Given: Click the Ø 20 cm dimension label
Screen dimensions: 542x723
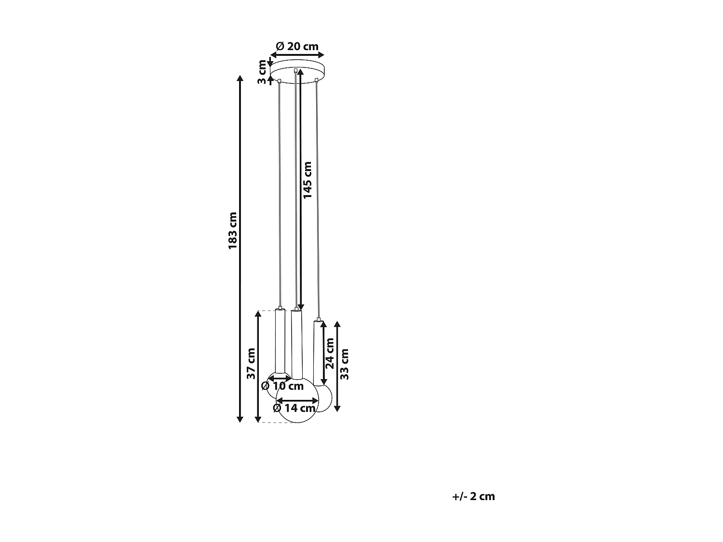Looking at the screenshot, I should [297, 46].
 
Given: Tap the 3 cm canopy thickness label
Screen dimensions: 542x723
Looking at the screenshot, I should [262, 72].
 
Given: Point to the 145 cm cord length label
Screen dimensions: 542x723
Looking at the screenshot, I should [308, 180].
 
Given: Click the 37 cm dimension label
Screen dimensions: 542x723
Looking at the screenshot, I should [251, 363].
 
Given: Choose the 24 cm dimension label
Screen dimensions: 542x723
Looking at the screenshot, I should [330, 353].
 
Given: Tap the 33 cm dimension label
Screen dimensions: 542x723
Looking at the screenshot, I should [345, 364].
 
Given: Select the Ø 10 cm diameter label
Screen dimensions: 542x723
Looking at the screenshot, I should [282, 386].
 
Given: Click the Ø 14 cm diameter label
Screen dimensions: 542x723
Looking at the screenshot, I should [294, 408].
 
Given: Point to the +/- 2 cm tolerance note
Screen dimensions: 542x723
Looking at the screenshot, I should [473, 496].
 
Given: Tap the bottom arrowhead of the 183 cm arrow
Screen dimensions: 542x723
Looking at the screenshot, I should [240, 419].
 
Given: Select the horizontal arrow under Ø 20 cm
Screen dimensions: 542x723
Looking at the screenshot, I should [297, 55].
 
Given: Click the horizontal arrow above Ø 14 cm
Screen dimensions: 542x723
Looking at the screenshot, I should [297, 400].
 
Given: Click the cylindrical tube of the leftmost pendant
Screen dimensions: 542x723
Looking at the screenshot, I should [280, 340].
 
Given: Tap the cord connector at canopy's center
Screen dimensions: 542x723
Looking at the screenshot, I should [295, 71].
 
